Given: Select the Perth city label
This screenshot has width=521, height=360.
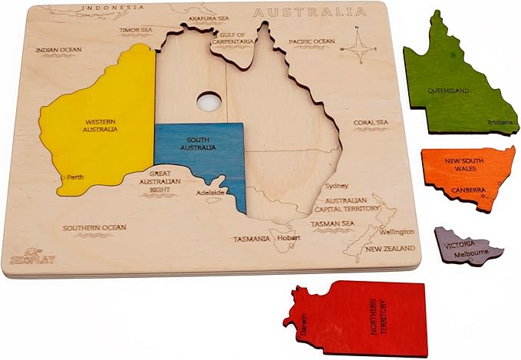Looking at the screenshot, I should click(x=75, y=177).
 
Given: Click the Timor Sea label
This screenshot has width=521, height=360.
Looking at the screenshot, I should click(x=135, y=31).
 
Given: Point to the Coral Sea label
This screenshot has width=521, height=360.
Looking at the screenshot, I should click(x=371, y=121).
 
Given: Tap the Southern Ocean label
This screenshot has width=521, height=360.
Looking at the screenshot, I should click(x=94, y=228).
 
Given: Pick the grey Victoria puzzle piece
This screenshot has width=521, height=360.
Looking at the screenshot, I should click(x=466, y=245).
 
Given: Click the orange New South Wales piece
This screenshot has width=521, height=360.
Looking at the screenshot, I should click(x=466, y=177).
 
